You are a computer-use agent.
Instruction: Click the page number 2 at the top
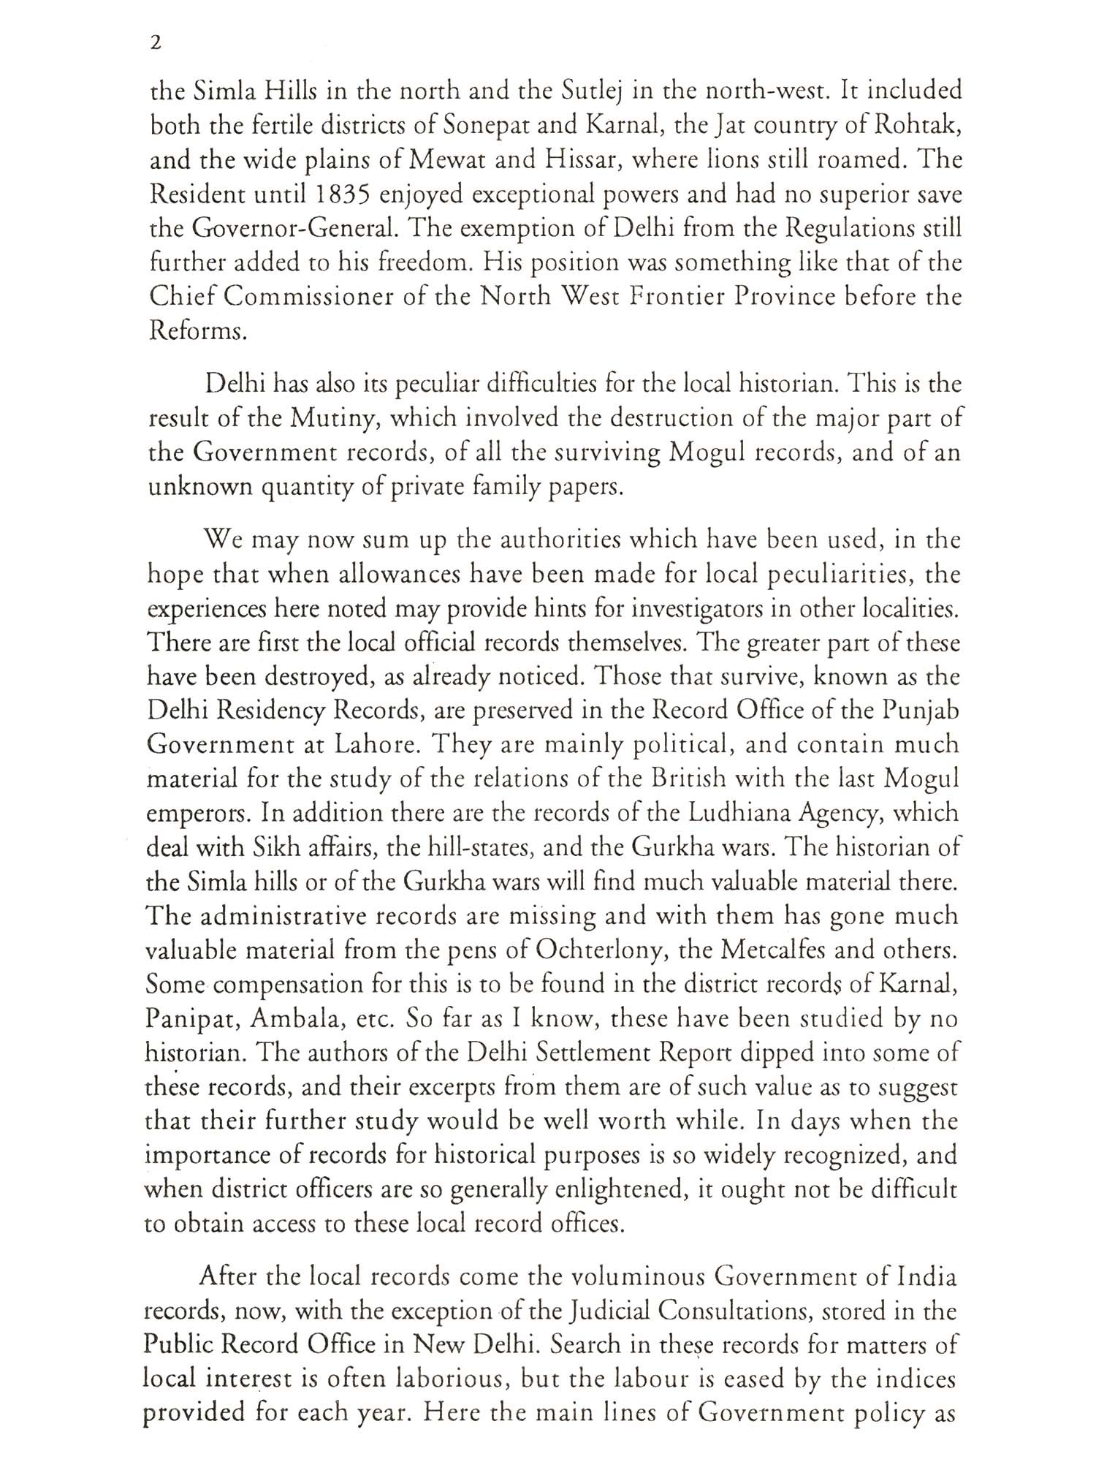click(x=154, y=45)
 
